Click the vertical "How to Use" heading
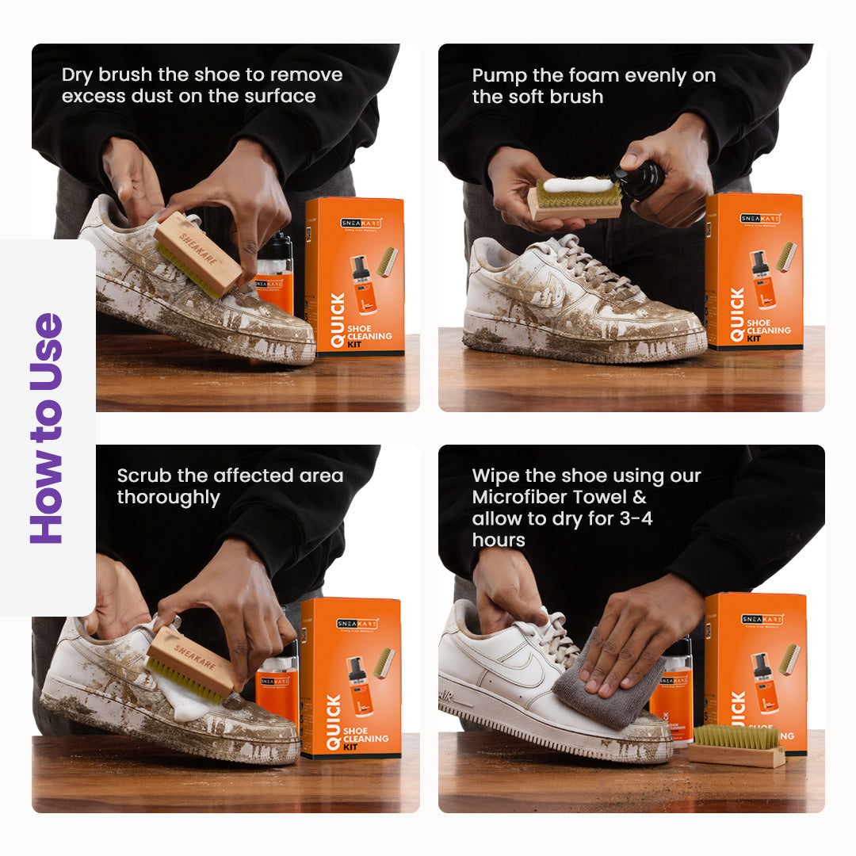click(48, 429)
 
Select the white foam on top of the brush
click(576, 185)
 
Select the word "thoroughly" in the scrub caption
click(168, 498)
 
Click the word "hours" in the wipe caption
click(499, 541)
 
